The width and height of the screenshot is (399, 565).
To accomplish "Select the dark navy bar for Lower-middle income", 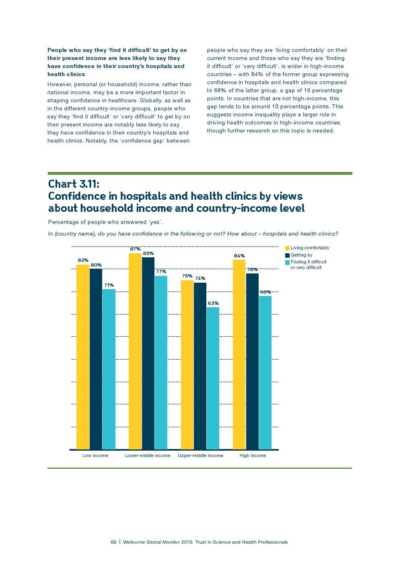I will (148, 353).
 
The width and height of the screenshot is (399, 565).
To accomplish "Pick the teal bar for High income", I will (265, 372).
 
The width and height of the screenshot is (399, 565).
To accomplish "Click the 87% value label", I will (135, 249).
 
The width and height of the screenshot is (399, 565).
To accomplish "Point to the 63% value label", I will (213, 303).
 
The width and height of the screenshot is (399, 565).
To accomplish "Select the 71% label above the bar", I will (109, 285).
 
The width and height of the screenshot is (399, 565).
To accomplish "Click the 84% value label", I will (239, 256).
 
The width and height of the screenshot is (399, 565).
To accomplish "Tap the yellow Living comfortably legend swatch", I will (287, 248).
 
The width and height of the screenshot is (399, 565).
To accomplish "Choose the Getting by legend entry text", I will (301, 255).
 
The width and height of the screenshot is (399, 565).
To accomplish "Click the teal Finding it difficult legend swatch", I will (287, 262).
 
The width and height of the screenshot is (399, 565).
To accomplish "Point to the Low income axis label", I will (95, 455).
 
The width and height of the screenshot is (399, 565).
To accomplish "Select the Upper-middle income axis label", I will (200, 455).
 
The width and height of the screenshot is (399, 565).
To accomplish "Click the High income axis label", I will (253, 455).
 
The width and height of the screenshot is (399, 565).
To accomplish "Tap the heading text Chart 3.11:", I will (74, 184).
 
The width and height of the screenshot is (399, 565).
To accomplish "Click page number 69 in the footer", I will (113, 542).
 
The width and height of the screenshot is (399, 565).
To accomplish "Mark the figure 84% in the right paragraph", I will (257, 74).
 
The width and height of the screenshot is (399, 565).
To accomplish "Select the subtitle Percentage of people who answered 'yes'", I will (105, 222).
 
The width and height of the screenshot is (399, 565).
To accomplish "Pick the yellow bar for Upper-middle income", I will (187, 364).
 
